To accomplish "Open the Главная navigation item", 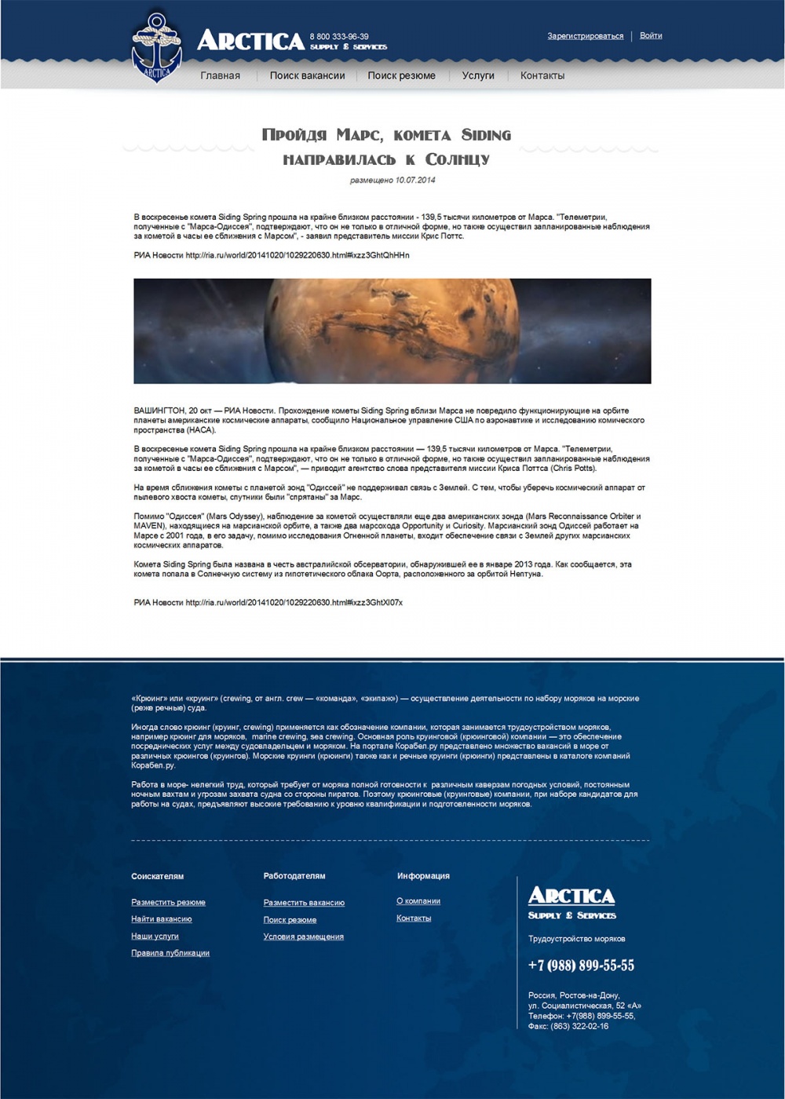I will pyautogui.click(x=220, y=76).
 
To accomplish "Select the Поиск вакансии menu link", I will pyautogui.click(x=307, y=76).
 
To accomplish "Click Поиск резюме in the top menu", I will pyautogui.click(x=401, y=76).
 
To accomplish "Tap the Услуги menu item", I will pyautogui.click(x=478, y=76).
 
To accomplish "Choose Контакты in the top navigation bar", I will pyautogui.click(x=542, y=76).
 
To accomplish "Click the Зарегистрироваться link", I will pyautogui.click(x=586, y=36).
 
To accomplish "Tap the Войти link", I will pyautogui.click(x=650, y=36).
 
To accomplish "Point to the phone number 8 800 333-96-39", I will pyautogui.click(x=339, y=36).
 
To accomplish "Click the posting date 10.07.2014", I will pyautogui.click(x=415, y=181).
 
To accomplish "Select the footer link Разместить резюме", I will pyautogui.click(x=168, y=903).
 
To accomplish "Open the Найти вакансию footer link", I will pyautogui.click(x=162, y=919).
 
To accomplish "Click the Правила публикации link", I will pyautogui.click(x=170, y=953).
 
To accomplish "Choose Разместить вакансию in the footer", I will pyautogui.click(x=304, y=903).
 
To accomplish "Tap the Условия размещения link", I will pyautogui.click(x=303, y=937).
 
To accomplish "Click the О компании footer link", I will pyautogui.click(x=418, y=901).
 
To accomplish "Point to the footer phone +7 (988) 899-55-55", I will pyautogui.click(x=581, y=966).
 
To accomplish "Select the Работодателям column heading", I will pyautogui.click(x=294, y=876).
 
